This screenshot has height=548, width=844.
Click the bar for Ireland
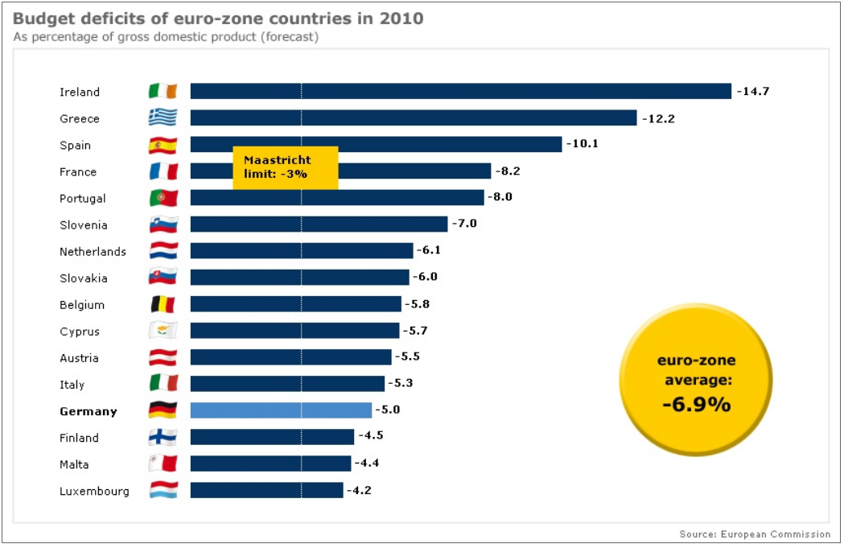(x=460, y=92)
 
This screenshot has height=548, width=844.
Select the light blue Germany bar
(x=281, y=410)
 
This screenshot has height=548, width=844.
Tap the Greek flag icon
(x=163, y=118)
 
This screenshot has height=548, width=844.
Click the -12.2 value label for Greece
(x=658, y=118)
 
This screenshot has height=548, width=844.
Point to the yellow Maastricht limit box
(x=285, y=167)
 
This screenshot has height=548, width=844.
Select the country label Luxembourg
(x=94, y=491)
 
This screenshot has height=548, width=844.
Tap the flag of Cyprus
(x=163, y=331)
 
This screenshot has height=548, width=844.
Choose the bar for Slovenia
(x=319, y=225)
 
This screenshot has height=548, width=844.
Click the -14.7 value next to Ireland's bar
(x=753, y=92)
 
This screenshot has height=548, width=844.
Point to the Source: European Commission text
(x=755, y=534)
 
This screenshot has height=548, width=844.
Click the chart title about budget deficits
(x=218, y=18)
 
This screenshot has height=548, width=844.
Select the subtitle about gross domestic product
(x=166, y=37)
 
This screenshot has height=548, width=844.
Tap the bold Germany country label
(x=89, y=411)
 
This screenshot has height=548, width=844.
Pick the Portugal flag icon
(x=163, y=198)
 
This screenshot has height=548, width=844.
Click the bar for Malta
(x=270, y=464)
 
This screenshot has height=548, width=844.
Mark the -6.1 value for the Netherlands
(x=428, y=251)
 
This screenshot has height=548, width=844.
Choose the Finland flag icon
(x=163, y=438)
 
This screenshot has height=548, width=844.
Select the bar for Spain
(x=376, y=145)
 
